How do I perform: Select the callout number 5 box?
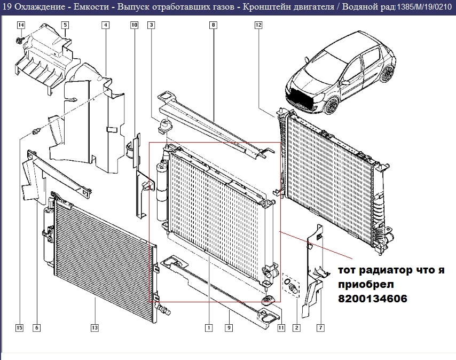[x=65, y=25]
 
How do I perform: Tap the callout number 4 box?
[x=106, y=25]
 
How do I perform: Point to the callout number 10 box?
[x=134, y=25]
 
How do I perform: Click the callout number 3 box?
[x=152, y=25]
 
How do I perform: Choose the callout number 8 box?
[x=213, y=25]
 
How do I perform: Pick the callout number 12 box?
[x=258, y=25]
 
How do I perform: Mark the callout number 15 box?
[x=20, y=327]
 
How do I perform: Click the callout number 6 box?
[x=36, y=327]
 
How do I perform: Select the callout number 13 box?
[x=95, y=327]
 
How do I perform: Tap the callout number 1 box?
[x=209, y=327]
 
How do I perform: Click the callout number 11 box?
[x=281, y=327]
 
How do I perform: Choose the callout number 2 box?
[x=296, y=327]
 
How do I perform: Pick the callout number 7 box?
[x=320, y=327]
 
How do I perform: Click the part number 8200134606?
[x=372, y=300]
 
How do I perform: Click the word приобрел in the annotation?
[x=362, y=285]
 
